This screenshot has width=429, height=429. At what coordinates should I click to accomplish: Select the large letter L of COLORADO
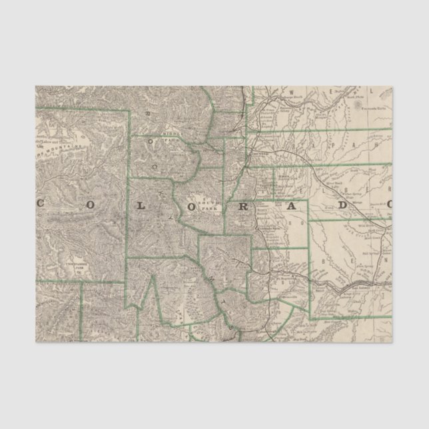pos(143,206)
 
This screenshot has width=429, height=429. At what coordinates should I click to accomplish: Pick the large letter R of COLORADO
pos(243,206)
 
